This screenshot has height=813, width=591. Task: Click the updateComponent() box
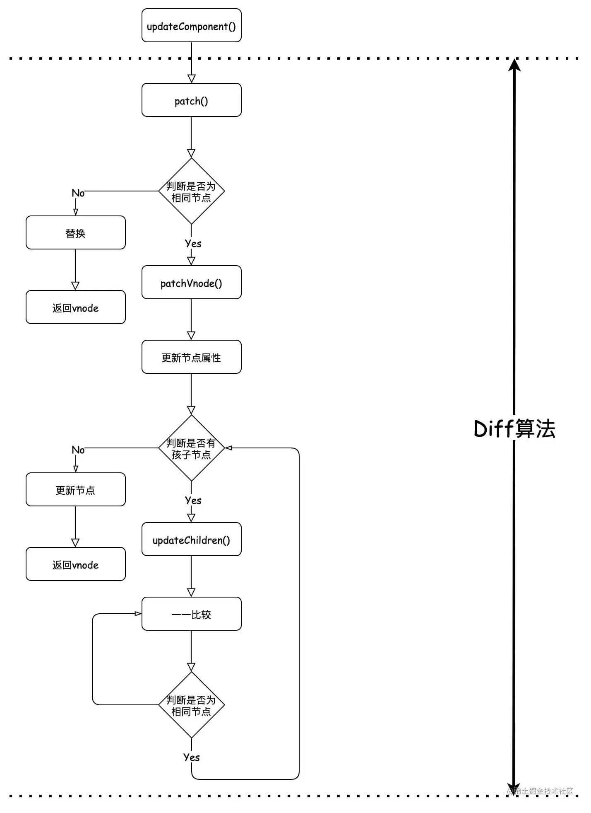[x=191, y=26]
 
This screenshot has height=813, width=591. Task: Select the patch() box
[x=191, y=100]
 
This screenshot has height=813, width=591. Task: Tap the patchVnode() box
[x=191, y=283]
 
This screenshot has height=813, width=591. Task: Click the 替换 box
[x=75, y=233]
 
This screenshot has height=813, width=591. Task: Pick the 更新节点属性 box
[x=191, y=357]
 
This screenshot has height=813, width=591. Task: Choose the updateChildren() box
[x=191, y=540]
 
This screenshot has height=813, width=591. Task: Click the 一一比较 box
[x=191, y=614]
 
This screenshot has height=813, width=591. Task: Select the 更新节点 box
[x=75, y=490]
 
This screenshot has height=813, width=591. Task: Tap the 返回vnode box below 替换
[x=75, y=307]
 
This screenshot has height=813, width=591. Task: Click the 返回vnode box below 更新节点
[x=75, y=564]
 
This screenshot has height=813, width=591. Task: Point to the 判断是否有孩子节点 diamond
[x=191, y=448]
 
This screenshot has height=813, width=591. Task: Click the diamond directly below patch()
[x=191, y=191]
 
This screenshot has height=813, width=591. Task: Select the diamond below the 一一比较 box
[x=191, y=705]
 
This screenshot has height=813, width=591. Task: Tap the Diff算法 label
[x=514, y=428]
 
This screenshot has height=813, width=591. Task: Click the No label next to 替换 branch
[x=78, y=193]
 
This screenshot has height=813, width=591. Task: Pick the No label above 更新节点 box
[x=78, y=450]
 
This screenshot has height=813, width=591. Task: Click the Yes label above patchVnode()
[x=193, y=244]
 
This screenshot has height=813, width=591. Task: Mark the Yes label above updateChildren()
[x=193, y=501]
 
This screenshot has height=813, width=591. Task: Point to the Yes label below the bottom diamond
[x=191, y=757]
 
